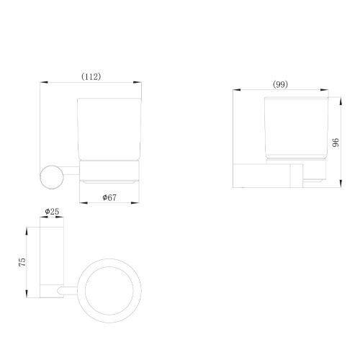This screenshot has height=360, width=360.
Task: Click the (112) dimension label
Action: pos(91,77)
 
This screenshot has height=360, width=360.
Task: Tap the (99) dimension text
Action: pos(280,84)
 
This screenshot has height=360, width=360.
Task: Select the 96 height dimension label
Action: pos(336,143)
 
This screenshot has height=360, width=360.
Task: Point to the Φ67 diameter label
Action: pos(109,197)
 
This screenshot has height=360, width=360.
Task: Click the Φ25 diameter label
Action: pos(52,212)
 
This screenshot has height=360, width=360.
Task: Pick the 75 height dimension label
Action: pos(22,262)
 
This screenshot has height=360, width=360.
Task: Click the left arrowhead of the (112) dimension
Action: pos(44,82)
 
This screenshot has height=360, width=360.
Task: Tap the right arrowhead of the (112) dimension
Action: pos(138,82)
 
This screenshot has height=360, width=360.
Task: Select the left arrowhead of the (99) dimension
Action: pos(237,90)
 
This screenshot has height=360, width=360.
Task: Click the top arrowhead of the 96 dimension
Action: pos(341,101)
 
